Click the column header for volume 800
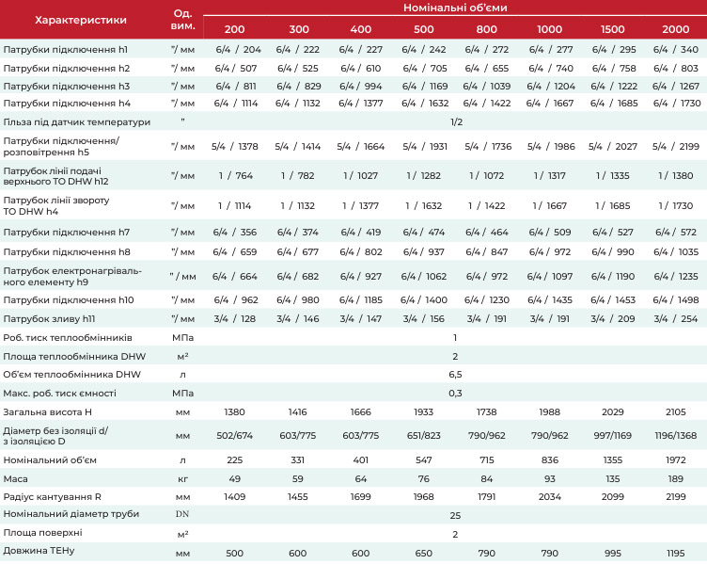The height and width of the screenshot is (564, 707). point(486,29)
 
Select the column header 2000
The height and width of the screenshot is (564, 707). point(675,29)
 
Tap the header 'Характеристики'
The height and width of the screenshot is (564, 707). point(81,20)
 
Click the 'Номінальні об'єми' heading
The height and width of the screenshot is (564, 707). point(455,8)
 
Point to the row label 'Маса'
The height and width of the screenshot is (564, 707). point(15,478)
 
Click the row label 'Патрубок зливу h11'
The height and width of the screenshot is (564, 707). point(49,319)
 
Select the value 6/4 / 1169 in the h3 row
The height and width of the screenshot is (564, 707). point(425,86)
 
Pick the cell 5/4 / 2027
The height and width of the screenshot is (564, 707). point(613,146)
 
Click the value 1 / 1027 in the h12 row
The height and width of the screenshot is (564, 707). point(361,176)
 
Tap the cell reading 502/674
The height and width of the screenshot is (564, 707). point(234,436)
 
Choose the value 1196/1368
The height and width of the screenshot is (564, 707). point(675,436)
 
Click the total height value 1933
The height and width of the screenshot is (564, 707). point(423,411)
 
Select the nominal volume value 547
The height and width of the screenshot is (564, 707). point(423,460)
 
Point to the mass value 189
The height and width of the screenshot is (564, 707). point(675,478)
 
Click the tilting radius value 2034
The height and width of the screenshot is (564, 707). point(550,497)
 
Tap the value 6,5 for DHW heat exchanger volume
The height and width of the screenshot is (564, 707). point(455,375)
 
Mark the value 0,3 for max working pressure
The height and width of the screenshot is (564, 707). point(455,394)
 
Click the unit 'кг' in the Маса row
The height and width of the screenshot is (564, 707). point(182,478)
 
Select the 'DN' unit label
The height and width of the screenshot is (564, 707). point(182,514)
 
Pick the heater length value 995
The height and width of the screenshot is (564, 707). point(613,553)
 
